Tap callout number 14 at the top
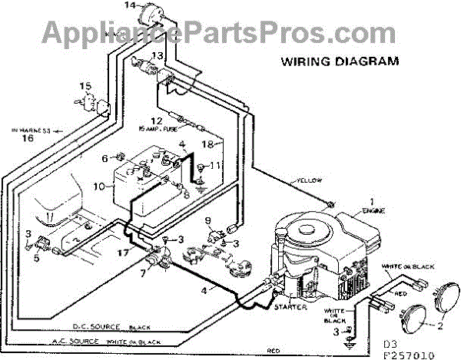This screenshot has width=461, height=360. [x=128, y=6]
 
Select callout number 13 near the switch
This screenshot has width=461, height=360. [x=157, y=55]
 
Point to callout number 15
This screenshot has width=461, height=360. [x=84, y=85]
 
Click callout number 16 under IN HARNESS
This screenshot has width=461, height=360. [x=28, y=140]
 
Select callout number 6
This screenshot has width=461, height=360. [x=105, y=158]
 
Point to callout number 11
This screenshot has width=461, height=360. [x=216, y=166]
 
